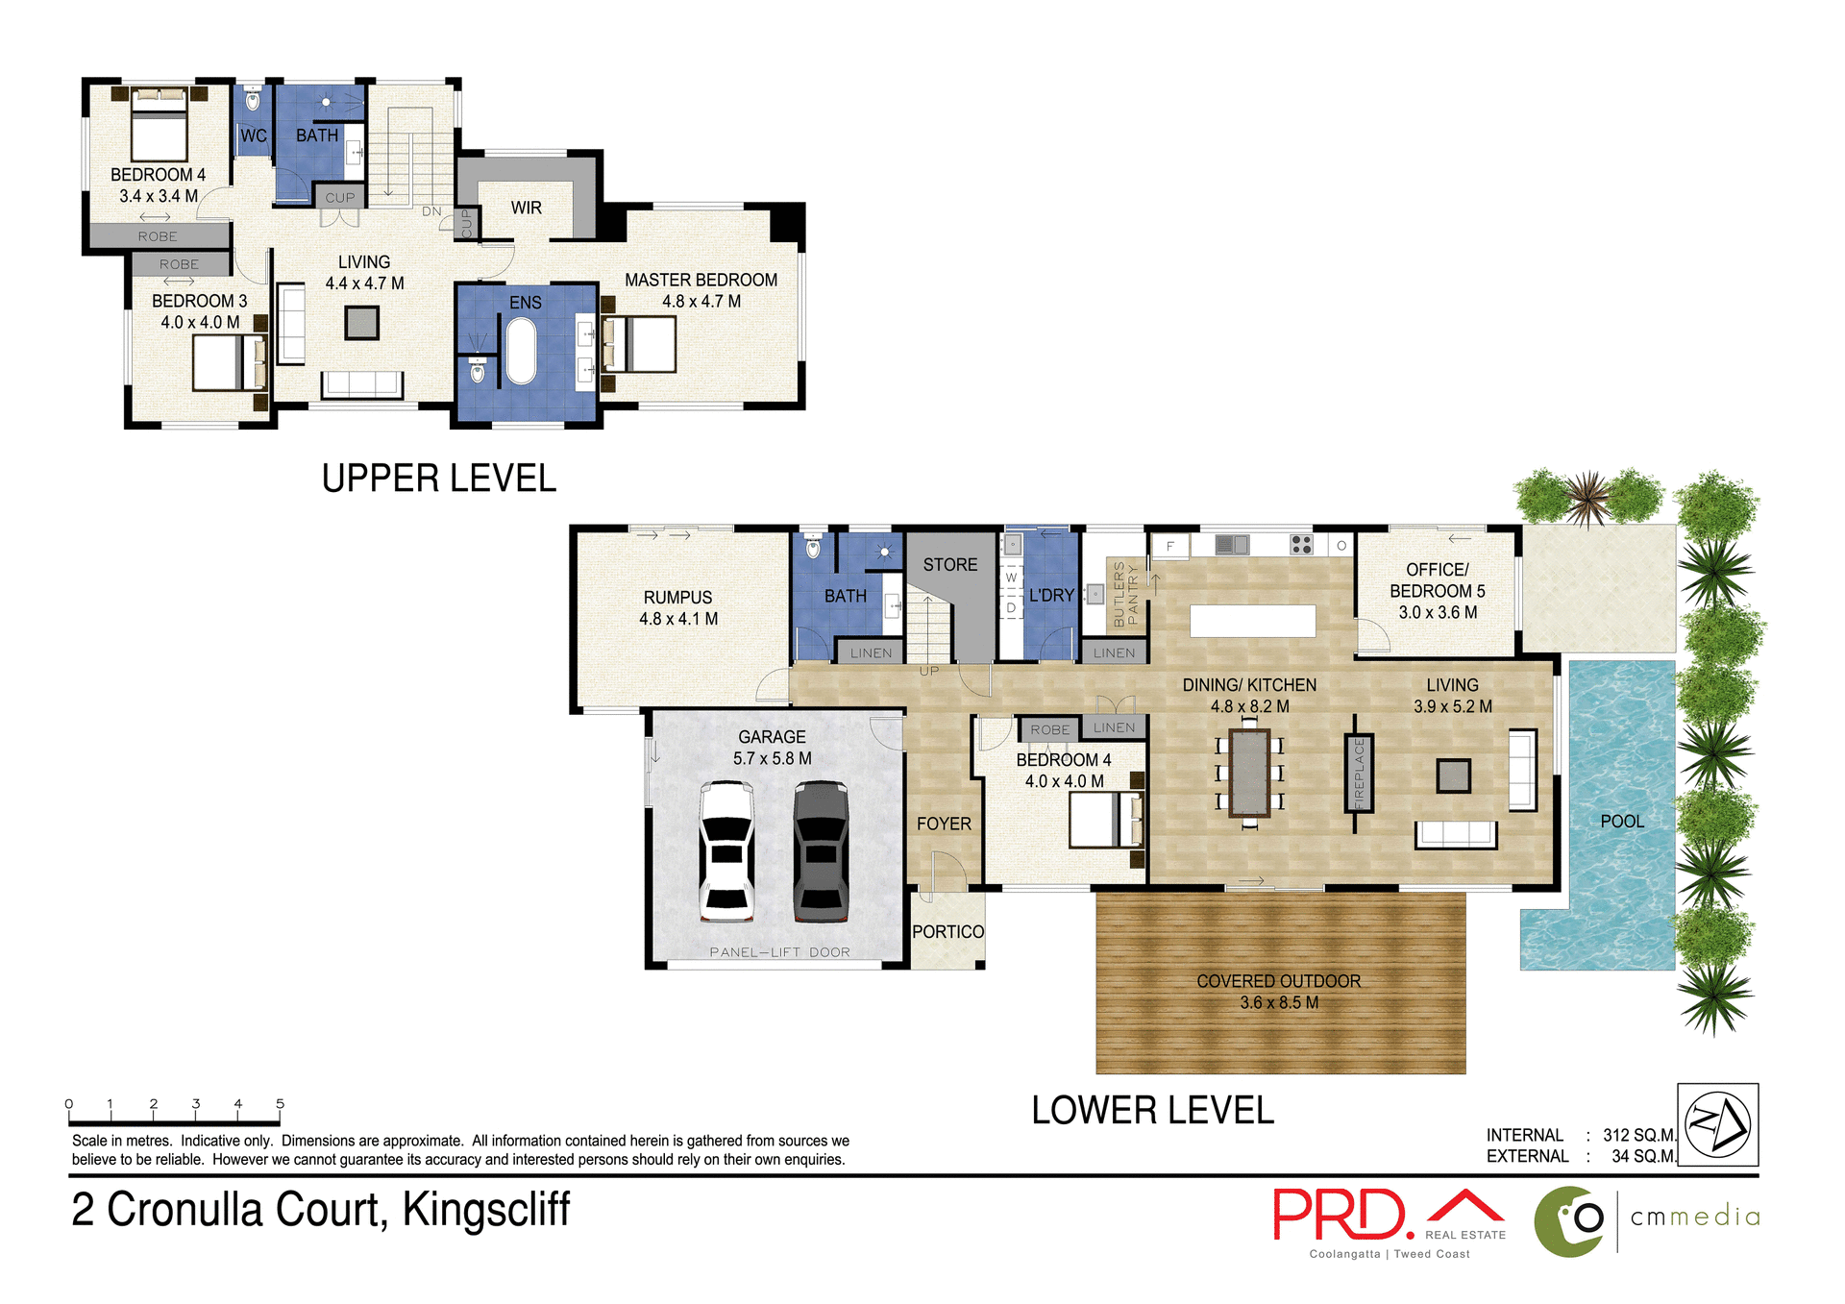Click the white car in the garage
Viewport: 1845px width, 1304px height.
coord(726,851)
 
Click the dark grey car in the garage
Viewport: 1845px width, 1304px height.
coord(821,851)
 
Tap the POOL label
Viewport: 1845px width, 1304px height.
coord(1622,822)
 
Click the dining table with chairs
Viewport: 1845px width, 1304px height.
coord(1249,773)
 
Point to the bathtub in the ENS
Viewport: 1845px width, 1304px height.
coord(521,352)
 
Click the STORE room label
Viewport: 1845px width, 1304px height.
coord(949,565)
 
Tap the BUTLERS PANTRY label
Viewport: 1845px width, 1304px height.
coord(1125,594)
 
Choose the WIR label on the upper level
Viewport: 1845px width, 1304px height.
coord(526,208)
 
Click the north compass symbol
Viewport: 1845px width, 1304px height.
coord(1717,1124)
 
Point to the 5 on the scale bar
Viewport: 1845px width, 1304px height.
coord(280,1104)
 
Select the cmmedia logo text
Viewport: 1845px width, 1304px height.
coord(1695,1217)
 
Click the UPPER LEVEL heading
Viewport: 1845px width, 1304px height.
coord(438,479)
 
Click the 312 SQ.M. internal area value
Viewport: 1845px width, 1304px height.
coord(1638,1135)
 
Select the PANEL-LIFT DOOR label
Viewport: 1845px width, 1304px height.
coord(779,952)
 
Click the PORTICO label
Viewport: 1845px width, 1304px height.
coord(947,932)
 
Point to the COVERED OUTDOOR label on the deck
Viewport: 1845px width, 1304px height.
coord(1278,981)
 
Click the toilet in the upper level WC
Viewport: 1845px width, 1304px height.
coord(253,99)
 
